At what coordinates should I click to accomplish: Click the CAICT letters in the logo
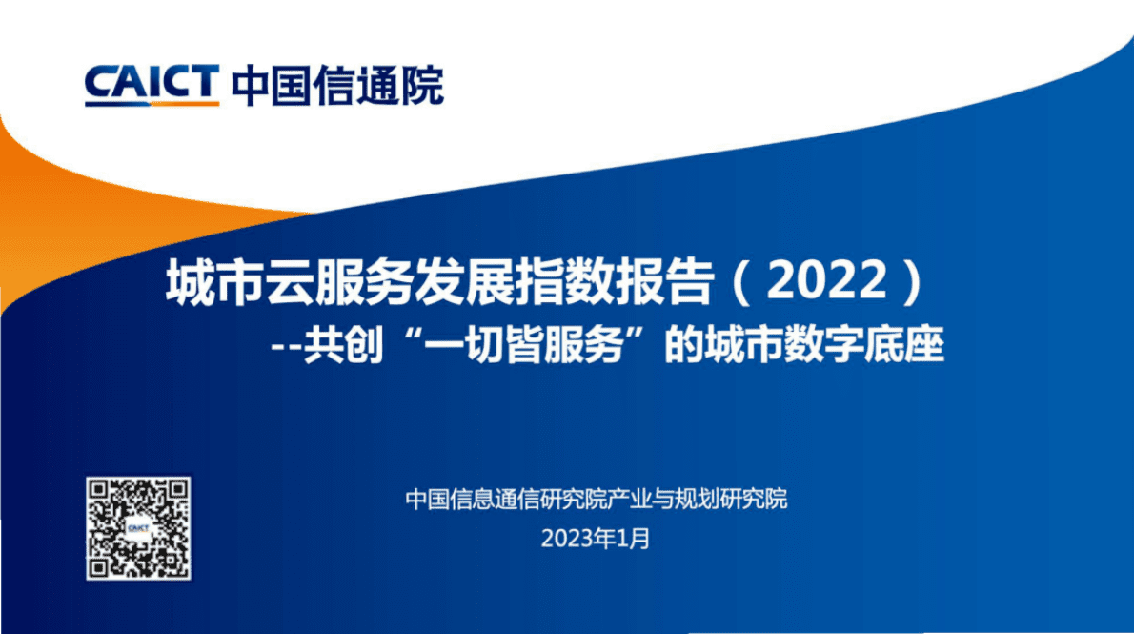(x=152, y=82)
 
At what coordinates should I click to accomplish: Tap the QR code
(x=140, y=528)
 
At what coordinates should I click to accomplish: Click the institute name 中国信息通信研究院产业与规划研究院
(x=597, y=499)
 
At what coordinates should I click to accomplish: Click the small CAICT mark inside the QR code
(x=140, y=528)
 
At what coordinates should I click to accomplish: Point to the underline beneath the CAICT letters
(x=152, y=102)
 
